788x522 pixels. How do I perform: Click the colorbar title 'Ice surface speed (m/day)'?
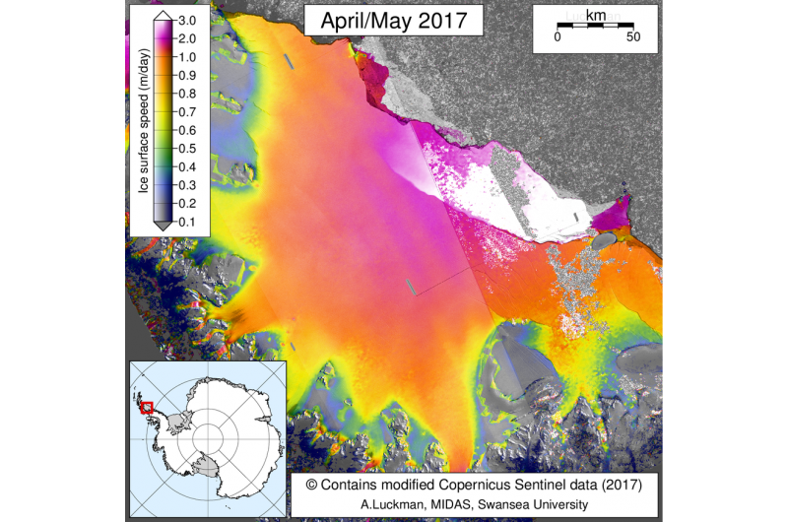142,121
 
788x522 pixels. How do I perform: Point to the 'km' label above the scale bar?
595,16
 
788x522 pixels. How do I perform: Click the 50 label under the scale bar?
633,36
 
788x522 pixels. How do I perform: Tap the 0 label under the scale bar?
558,36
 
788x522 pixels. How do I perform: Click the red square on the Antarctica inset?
147,406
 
